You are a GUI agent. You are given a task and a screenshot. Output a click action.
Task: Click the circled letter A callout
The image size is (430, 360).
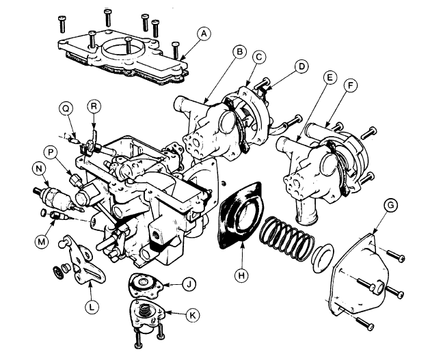[204, 33]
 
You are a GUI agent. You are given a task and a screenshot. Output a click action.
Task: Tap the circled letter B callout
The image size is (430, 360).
[240, 52]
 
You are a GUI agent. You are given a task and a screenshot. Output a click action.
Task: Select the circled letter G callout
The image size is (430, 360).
[390, 206]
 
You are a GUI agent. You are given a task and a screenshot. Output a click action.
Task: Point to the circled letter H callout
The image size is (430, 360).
[241, 275]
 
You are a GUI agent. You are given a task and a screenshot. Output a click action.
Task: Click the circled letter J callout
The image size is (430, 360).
[189, 284]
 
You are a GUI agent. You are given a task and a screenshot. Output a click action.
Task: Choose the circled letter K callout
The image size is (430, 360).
[193, 315]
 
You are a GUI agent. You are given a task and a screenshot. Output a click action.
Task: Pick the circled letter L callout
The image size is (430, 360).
[92, 307]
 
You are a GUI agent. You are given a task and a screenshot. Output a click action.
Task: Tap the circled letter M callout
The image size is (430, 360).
[42, 241]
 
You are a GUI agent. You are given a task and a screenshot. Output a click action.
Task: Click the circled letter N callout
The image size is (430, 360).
[39, 169]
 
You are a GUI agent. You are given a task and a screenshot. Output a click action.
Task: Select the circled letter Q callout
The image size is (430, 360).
[66, 109]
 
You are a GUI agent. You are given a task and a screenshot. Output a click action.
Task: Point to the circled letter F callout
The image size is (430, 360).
[350, 86]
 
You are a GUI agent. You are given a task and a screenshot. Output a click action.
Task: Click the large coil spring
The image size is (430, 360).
[287, 238]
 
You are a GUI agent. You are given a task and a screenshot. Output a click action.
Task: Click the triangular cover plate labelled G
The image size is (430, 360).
[360, 274]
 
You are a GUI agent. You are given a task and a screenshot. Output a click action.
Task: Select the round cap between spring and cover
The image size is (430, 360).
[323, 258]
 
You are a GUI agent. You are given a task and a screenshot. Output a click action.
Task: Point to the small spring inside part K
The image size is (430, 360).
[146, 310]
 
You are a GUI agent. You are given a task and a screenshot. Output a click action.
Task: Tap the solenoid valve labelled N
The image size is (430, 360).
[58, 198]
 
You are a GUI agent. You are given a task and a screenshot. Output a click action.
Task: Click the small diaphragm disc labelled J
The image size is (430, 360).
[146, 285]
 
